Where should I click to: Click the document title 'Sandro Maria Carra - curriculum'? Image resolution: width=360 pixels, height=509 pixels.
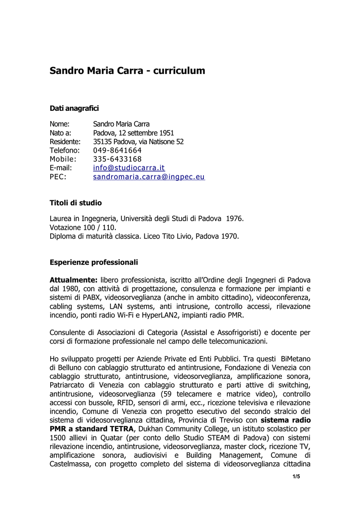[x=127, y=71]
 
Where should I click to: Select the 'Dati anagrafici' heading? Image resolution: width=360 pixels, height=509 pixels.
[x=74, y=108]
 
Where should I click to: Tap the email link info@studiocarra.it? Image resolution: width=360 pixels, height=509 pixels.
[x=129, y=168]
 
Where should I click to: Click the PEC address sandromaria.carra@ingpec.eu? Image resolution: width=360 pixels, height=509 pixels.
[x=149, y=176]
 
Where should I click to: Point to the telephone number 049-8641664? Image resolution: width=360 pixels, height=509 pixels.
[x=117, y=150]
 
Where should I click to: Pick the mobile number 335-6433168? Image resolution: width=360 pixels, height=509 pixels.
[x=117, y=159]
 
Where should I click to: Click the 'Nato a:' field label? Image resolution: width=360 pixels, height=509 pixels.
[x=60, y=133]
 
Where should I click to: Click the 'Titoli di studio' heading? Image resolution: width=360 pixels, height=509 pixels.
[x=76, y=203]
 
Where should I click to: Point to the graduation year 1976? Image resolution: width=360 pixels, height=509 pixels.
[x=235, y=218]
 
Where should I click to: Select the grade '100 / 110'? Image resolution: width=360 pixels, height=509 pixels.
[x=100, y=227]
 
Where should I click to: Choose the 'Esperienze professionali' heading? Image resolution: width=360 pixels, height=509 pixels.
[x=93, y=262]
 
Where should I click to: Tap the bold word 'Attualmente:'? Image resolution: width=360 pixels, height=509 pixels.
[x=73, y=280]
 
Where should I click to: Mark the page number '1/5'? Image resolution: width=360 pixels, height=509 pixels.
[x=296, y=477]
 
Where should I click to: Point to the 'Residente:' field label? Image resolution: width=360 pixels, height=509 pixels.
[x=65, y=142]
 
